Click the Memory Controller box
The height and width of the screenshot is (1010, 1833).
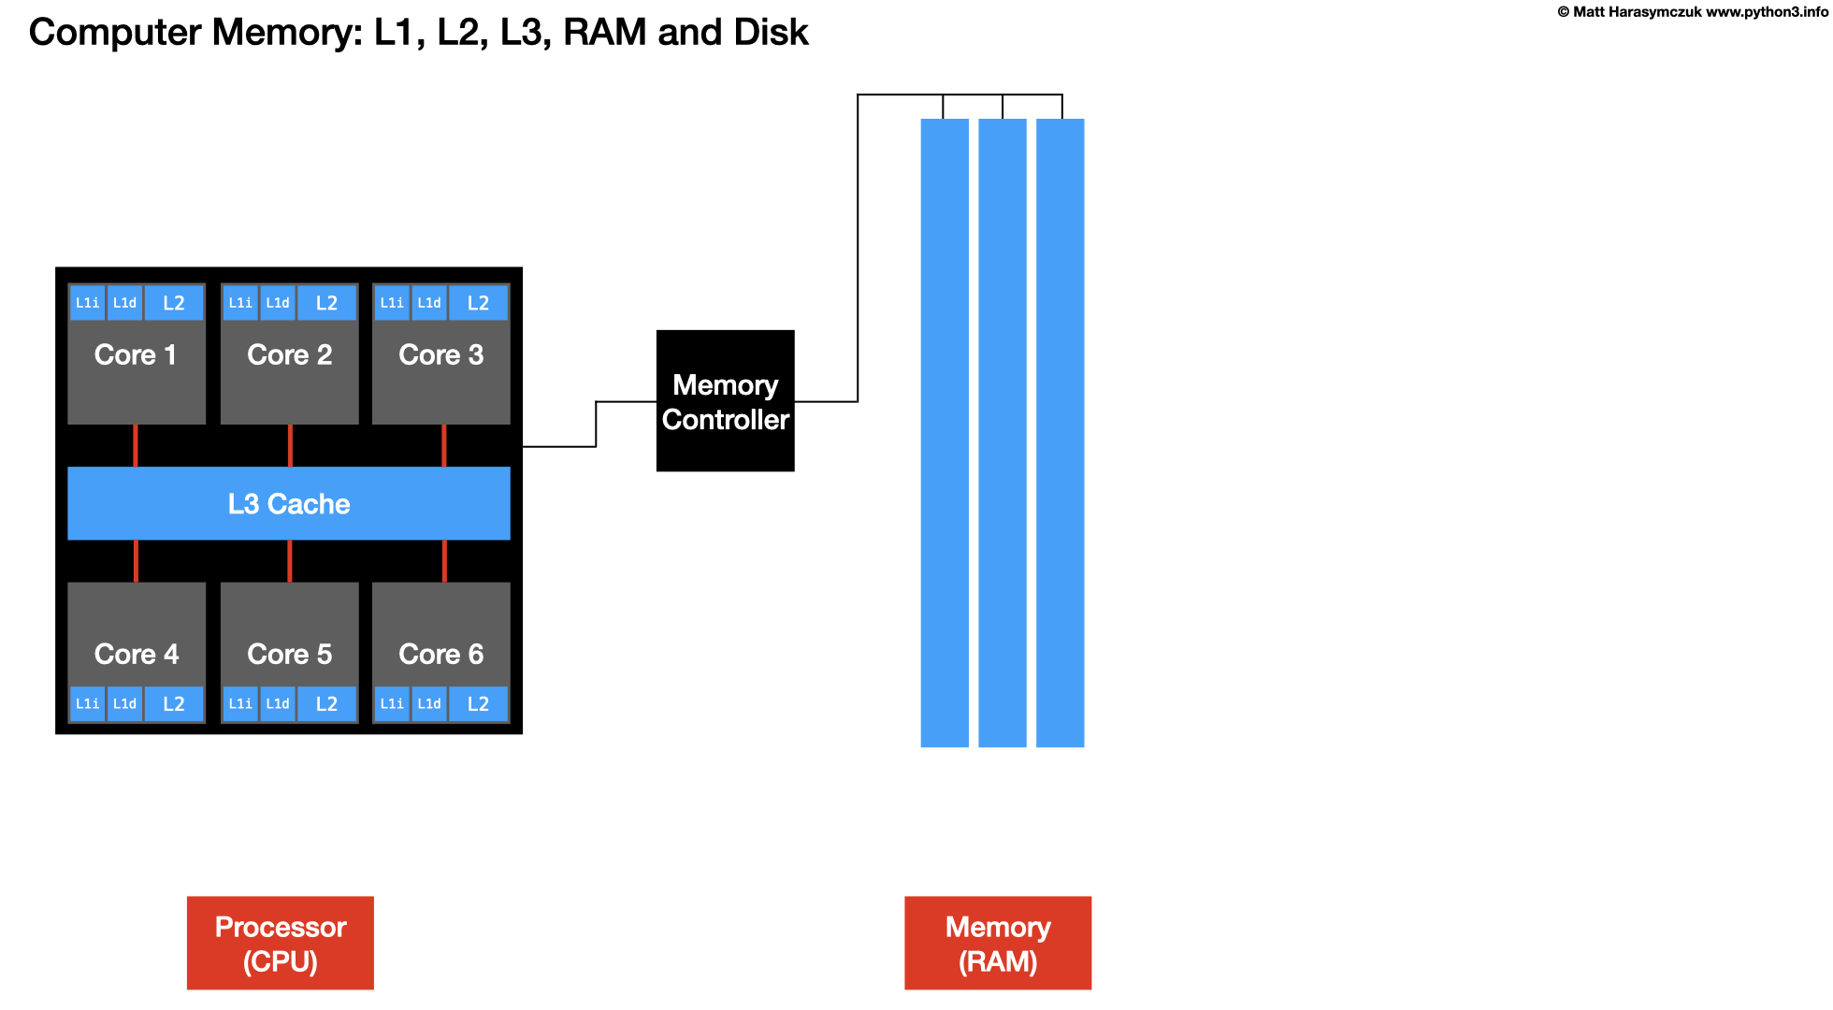[x=725, y=401]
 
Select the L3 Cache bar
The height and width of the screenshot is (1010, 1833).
[x=289, y=503]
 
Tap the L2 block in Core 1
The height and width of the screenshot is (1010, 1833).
[x=174, y=303]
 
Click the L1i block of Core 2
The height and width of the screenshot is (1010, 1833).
[x=240, y=303]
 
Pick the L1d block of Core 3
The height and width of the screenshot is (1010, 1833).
[x=429, y=303]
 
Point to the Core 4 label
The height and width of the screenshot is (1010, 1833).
[x=137, y=654]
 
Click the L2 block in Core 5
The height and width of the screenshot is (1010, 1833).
[x=326, y=704]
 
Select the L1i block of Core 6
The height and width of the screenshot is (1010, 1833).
[x=392, y=704]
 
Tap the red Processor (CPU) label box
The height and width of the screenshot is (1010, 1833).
[x=281, y=943]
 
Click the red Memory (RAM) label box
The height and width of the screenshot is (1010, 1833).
[x=998, y=943]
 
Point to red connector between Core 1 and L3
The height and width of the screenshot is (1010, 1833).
[x=136, y=445]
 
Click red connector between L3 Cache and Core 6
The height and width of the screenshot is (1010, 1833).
[x=444, y=561]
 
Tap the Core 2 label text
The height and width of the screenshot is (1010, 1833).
[x=290, y=355]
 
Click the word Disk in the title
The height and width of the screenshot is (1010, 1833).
[x=771, y=32]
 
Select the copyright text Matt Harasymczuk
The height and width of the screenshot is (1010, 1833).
[x=1637, y=12]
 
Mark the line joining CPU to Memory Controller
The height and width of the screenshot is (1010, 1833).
[x=596, y=425]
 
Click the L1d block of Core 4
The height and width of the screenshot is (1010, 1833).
[x=124, y=704]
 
